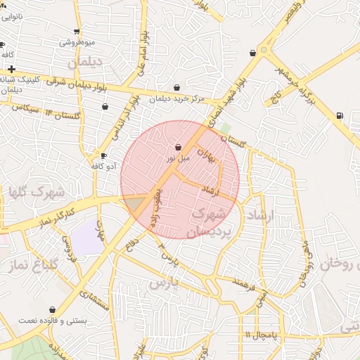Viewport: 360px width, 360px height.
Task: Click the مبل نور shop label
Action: (x=178, y=159)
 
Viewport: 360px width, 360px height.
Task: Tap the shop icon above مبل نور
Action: (x=178, y=148)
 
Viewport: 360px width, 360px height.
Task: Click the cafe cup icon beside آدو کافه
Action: (x=104, y=156)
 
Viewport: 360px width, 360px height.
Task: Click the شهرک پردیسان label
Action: (x=210, y=221)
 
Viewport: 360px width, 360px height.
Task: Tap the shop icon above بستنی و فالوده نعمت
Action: (x=52, y=309)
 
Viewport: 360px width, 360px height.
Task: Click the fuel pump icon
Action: (x=340, y=115)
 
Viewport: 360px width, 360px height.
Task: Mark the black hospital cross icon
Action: (x=12, y=69)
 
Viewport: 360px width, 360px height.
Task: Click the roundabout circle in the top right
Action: (x=263, y=50)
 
